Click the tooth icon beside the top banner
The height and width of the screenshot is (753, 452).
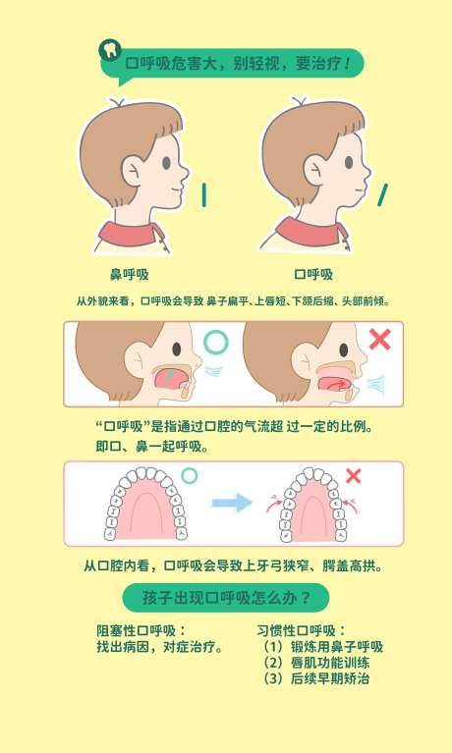point(110,50)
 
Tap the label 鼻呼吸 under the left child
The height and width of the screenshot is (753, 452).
point(130,275)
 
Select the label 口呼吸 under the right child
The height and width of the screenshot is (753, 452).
point(313,275)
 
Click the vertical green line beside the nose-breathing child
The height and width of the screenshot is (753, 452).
point(203,195)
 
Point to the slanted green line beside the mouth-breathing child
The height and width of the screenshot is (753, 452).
point(383,194)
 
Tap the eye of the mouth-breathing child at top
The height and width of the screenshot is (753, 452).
point(349,163)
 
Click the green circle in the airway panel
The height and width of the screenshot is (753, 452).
point(216,342)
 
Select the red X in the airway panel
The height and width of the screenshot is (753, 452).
point(380,340)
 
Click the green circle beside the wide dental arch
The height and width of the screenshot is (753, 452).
point(189,476)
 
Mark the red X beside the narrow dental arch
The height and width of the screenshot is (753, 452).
point(354,476)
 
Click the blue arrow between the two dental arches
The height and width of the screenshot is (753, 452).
point(232,503)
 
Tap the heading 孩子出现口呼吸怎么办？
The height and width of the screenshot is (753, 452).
point(226,598)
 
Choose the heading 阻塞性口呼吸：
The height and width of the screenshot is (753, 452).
point(141,630)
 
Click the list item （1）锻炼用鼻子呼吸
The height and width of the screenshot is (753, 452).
point(322,647)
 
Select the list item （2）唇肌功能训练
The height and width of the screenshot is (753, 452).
point(316,663)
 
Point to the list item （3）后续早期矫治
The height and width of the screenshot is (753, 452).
point(316,678)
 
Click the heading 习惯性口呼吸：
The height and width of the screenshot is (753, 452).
point(301,630)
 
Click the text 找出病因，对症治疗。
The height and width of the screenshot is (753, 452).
point(160,647)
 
